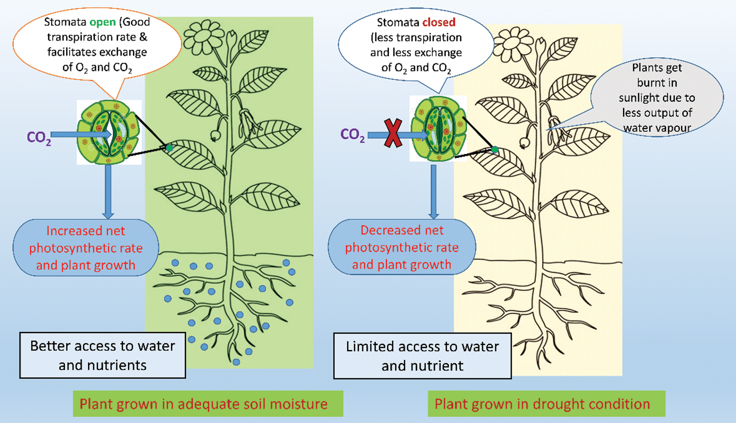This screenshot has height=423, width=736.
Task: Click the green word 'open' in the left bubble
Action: [x=102, y=22]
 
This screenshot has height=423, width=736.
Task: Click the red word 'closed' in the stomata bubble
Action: [x=439, y=22]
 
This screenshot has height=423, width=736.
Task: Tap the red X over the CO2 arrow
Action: [x=393, y=133]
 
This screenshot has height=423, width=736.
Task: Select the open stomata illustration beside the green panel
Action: [x=109, y=132]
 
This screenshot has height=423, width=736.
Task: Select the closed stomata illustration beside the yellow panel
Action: [x=438, y=129]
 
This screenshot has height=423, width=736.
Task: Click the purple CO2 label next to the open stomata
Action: [x=39, y=137]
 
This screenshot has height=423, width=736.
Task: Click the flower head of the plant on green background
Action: [x=204, y=35]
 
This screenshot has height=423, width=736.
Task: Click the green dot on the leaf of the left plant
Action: [x=169, y=148]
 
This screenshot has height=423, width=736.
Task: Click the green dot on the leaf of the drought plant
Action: [x=495, y=150]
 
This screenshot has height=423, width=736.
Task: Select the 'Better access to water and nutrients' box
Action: [x=103, y=355]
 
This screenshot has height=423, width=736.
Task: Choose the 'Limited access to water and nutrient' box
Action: [x=422, y=356]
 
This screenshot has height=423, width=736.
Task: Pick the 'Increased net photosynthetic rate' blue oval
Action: [x=86, y=248]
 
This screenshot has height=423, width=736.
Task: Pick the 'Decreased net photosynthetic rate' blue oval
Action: [x=402, y=247]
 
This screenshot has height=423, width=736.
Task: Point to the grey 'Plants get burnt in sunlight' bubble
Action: [x=657, y=98]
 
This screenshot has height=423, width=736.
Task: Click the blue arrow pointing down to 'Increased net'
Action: [x=108, y=191]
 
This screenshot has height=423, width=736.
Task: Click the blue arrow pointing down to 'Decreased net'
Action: [x=434, y=191]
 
